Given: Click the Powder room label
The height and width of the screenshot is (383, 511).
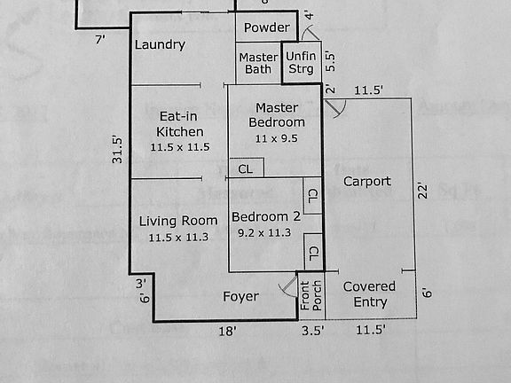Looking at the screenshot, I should (x=266, y=27).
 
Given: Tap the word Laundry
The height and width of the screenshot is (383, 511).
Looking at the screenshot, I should (x=160, y=44).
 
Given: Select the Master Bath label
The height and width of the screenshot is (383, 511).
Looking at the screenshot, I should (x=258, y=64).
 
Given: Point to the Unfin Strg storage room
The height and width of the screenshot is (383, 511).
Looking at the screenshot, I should (x=300, y=63).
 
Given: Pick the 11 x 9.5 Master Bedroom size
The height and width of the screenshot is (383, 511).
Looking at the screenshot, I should (x=276, y=138).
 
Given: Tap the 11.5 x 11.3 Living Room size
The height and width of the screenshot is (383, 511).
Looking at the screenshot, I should (x=178, y=237).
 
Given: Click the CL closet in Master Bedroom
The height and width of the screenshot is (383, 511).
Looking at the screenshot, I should (x=246, y=168).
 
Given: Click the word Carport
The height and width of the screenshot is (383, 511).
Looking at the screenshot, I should (x=366, y=181).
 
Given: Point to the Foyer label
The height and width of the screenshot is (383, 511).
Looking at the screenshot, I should (x=240, y=296).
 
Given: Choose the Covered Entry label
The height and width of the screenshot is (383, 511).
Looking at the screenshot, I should (x=369, y=294).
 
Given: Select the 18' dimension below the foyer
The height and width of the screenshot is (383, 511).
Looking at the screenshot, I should (x=228, y=331).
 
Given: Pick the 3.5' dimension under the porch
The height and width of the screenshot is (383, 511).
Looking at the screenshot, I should (x=312, y=331).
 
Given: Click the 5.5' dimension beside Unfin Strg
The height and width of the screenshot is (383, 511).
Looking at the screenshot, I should (x=331, y=60).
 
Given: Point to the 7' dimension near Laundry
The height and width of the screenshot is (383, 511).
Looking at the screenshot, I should (x=100, y=39).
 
